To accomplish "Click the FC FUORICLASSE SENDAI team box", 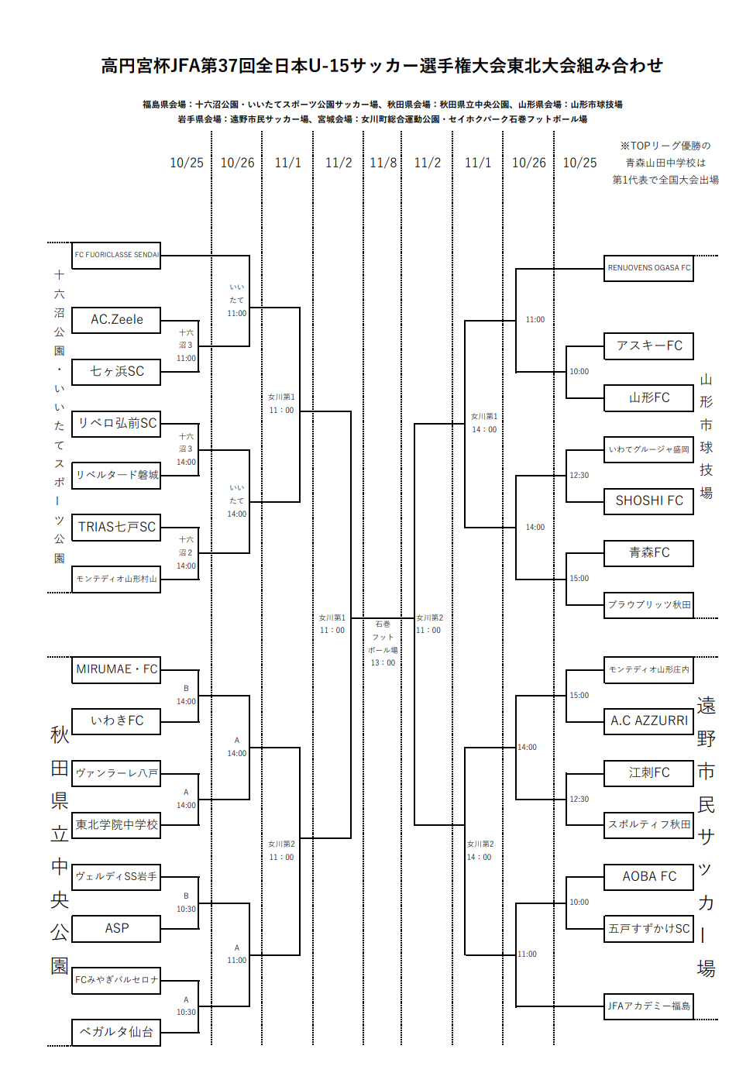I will click(116, 255).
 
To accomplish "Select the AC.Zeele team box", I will click(116, 319).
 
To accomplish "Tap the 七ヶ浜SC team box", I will click(116, 371).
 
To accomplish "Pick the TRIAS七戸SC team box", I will click(116, 527).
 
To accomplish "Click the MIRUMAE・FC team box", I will click(116, 669).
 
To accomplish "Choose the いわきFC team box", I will click(116, 720).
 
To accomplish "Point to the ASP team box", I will click(116, 928).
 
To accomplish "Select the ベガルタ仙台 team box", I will click(116, 1032).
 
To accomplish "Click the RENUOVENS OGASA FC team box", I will click(648, 268).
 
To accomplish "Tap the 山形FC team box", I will click(648, 397).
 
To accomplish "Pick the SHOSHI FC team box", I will click(648, 500).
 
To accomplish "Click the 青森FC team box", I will click(648, 552).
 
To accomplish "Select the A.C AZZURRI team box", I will click(648, 720).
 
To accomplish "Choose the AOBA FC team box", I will click(648, 876).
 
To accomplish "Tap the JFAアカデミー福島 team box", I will click(648, 1006).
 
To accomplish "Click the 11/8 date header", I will click(383, 163).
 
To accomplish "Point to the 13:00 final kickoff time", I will click(383, 662).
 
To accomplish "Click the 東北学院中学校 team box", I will click(116, 825).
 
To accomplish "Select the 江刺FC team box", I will click(648, 772).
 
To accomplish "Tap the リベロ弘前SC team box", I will click(116, 423).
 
